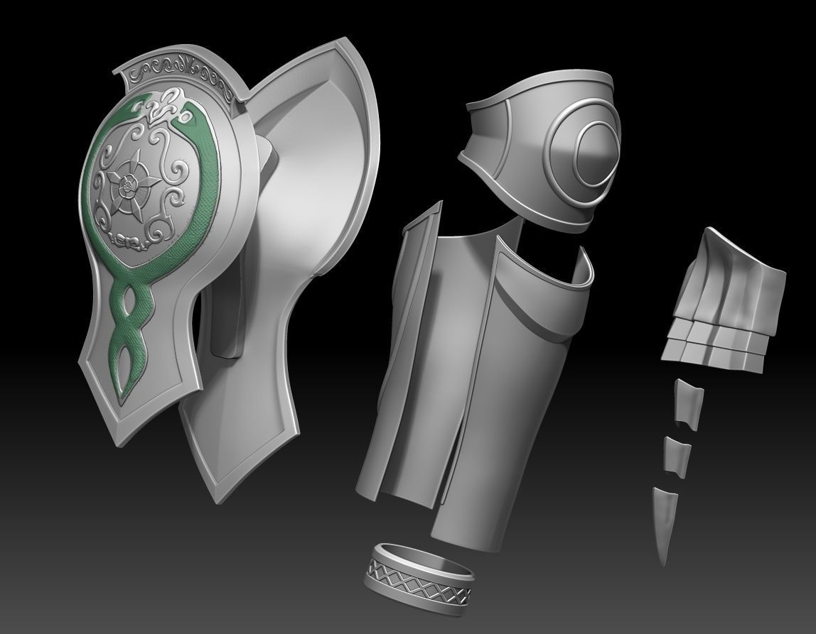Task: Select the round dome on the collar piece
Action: [596, 155]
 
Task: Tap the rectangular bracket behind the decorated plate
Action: [226, 312]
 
